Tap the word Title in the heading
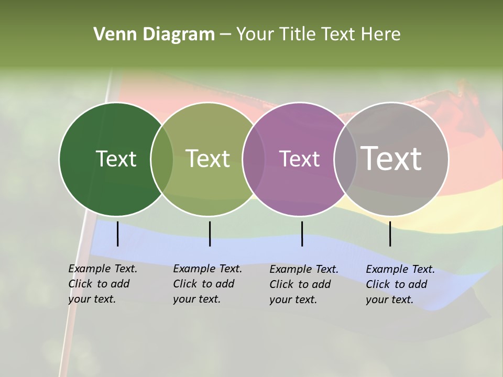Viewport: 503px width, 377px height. coord(297,35)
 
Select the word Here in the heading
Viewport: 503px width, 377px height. coord(380,35)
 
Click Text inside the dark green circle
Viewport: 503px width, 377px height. coord(116,159)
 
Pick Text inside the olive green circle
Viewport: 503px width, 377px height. coord(208,159)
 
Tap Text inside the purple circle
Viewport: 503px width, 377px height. coord(300,159)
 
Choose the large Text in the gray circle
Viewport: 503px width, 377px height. coord(391,159)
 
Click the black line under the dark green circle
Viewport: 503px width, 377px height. coord(118,234)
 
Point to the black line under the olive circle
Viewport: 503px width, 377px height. coord(210,234)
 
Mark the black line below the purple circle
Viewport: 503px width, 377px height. coord(302,234)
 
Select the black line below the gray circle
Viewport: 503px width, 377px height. coord(390,234)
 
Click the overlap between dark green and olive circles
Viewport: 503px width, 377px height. coord(162,159)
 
